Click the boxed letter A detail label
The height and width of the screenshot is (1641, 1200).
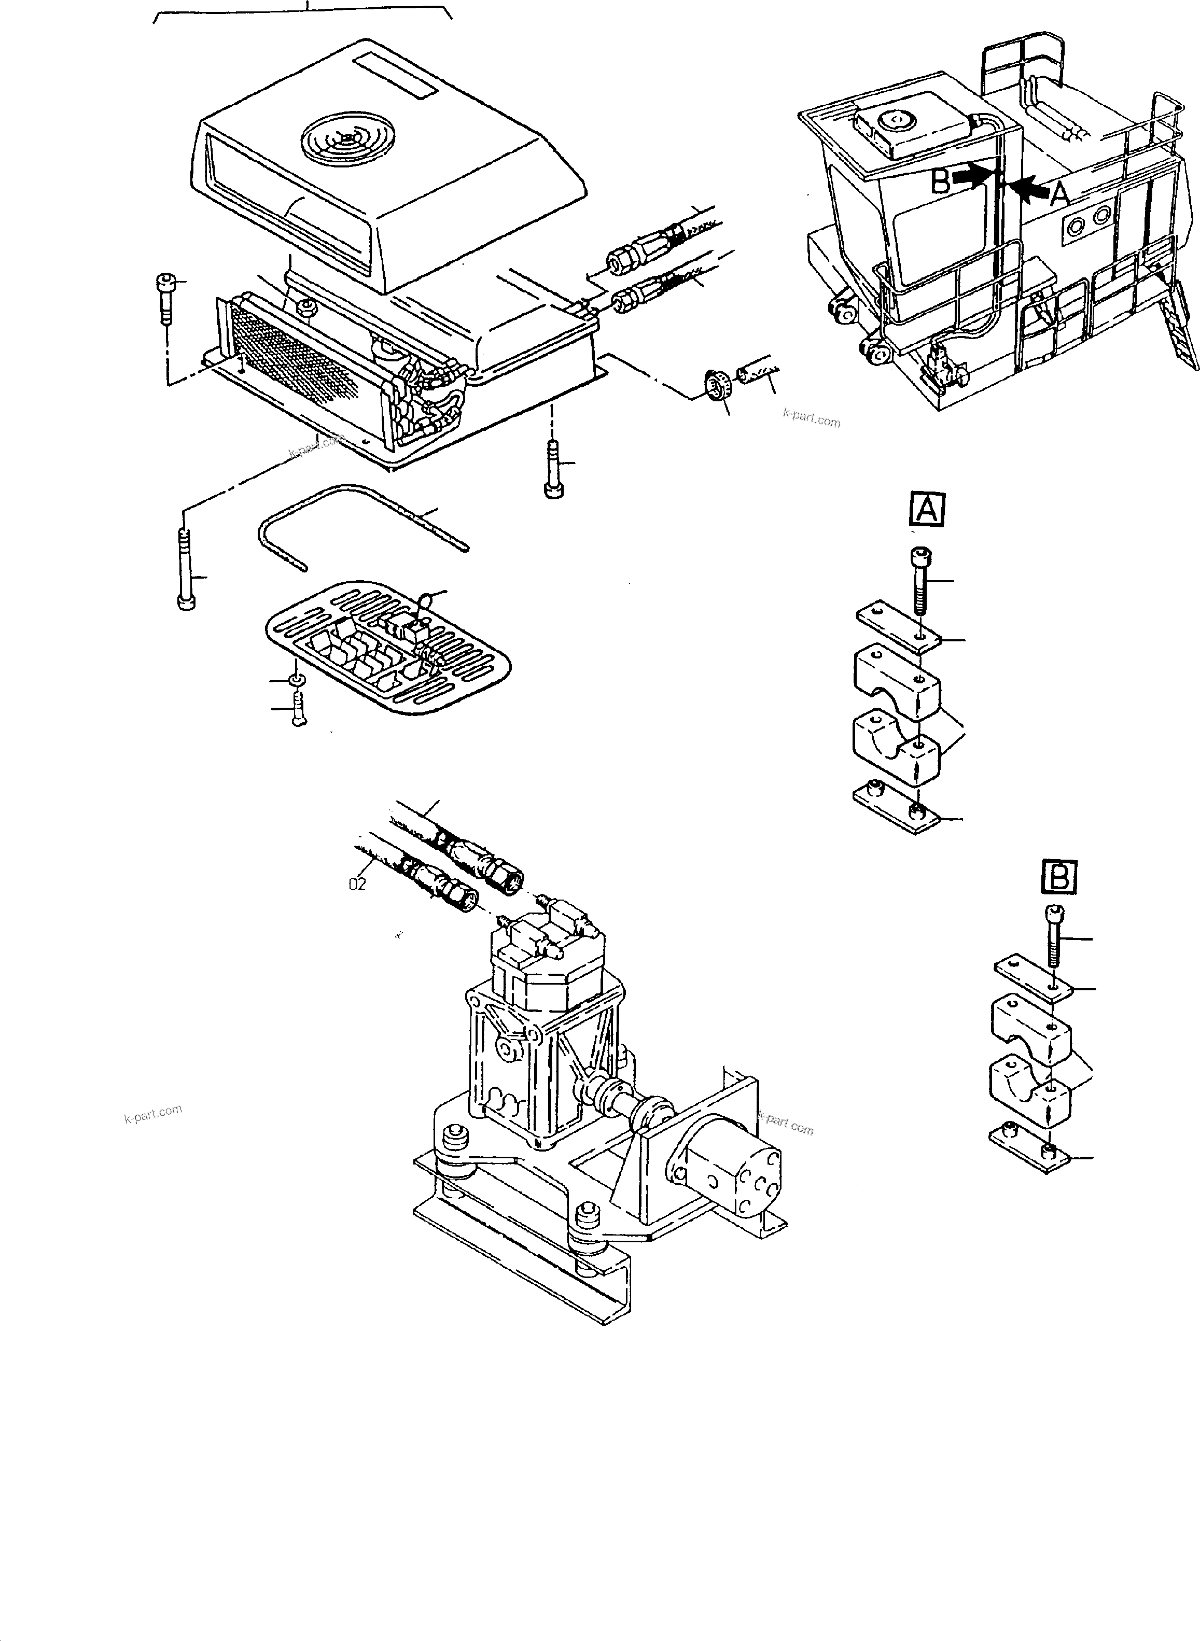click(927, 509)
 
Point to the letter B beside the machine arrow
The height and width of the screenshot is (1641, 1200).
click(941, 181)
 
